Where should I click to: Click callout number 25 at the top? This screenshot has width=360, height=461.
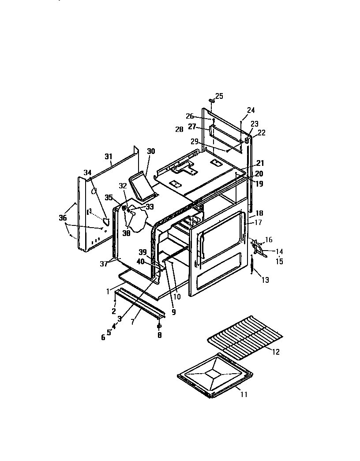point(219,96)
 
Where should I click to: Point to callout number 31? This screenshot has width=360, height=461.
point(109,156)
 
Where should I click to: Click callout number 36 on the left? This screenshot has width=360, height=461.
point(63,217)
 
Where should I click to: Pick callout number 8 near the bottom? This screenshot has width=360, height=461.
point(159,335)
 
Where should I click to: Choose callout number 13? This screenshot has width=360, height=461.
point(265,280)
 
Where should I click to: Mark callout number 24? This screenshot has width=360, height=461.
point(251,110)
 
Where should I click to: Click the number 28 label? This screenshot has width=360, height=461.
point(179,129)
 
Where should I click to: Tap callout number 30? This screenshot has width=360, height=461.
point(151,151)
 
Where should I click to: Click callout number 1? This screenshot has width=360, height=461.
point(108,291)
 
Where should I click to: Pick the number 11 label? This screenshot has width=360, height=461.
point(244,394)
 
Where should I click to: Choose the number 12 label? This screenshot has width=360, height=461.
point(276,352)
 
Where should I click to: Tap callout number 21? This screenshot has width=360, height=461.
point(260,163)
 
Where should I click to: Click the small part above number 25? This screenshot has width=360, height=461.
point(211,101)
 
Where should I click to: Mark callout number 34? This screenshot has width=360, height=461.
point(87,172)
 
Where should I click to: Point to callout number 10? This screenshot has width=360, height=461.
point(177,297)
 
